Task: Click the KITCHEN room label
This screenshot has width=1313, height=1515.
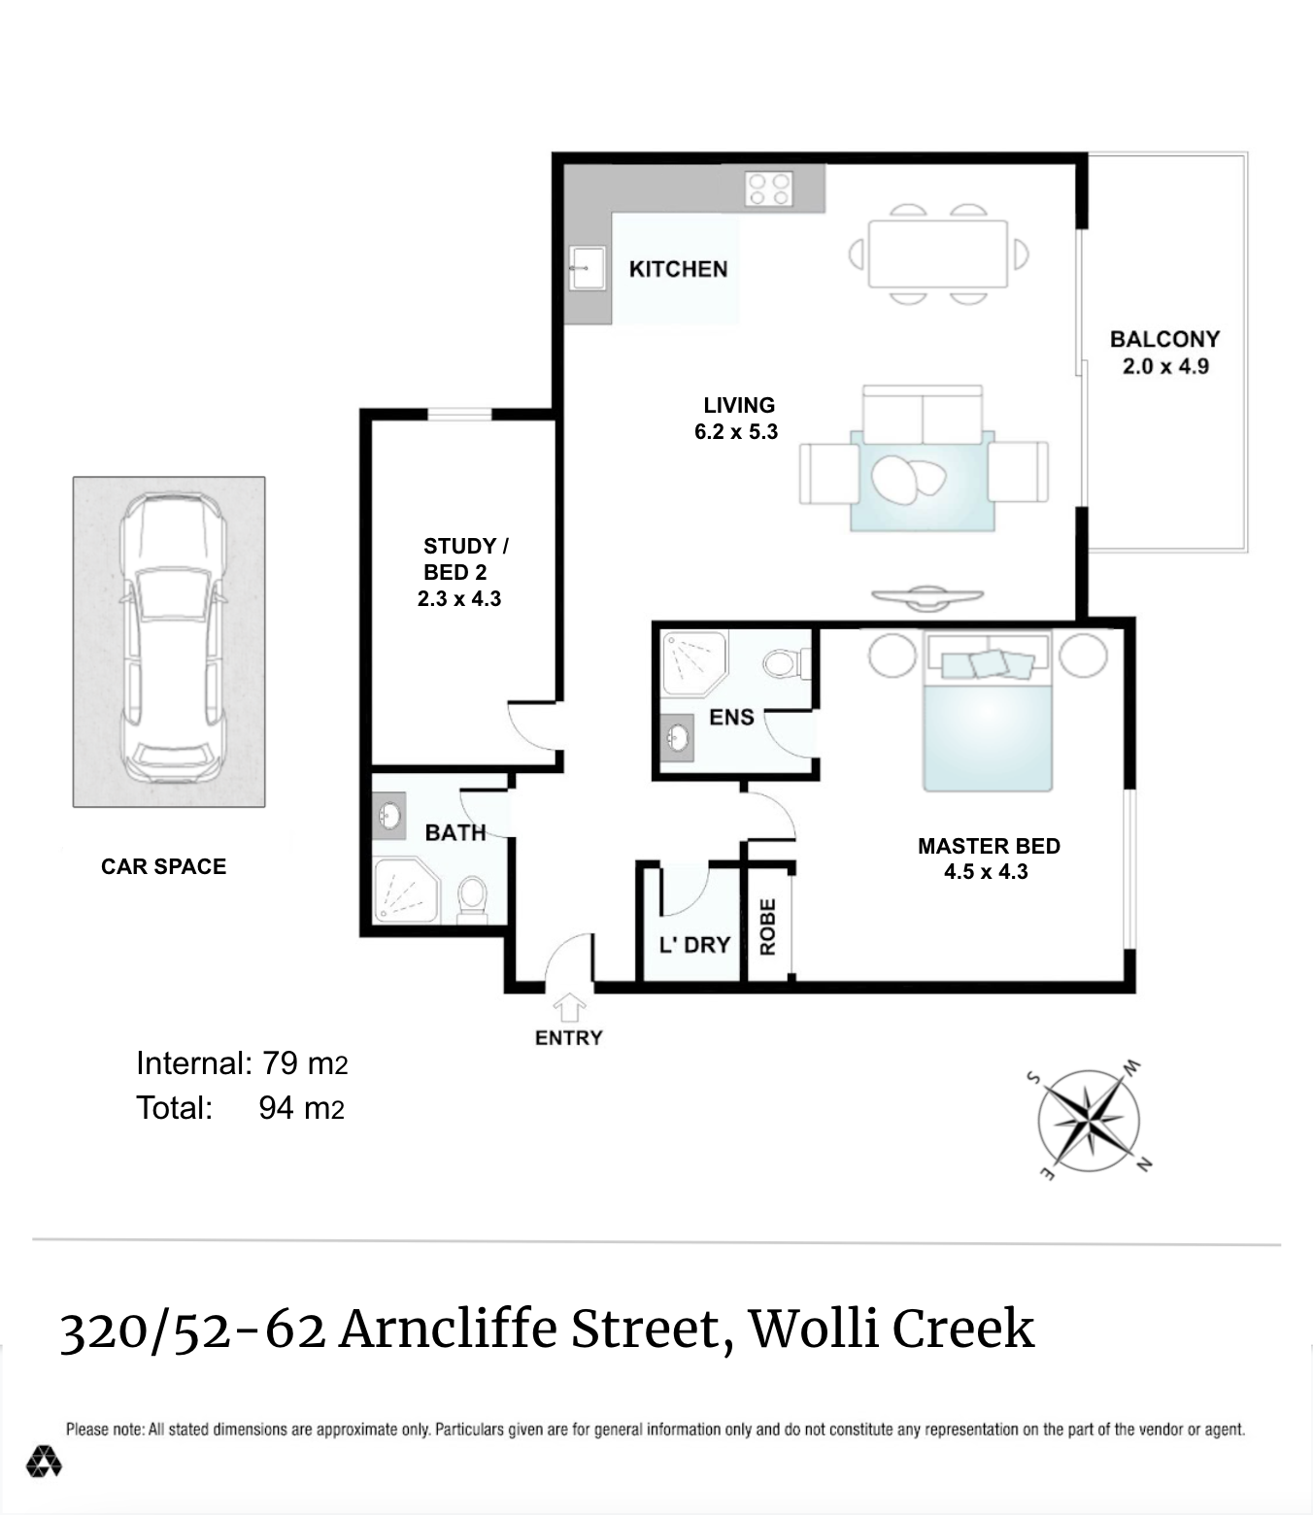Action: (678, 269)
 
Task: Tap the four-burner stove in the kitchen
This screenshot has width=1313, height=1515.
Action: (768, 188)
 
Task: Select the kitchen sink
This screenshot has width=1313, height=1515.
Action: (588, 268)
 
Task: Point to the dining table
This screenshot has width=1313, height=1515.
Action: (937, 253)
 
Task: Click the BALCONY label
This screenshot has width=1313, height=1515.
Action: (1165, 339)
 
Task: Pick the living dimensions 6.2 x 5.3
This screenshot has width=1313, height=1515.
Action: (736, 432)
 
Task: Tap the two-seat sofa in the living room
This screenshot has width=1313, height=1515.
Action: (923, 415)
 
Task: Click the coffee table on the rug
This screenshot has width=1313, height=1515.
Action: (908, 480)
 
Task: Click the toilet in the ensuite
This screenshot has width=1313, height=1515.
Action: (787, 664)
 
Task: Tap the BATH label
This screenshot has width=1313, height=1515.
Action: (455, 832)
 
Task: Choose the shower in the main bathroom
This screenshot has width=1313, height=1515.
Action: (406, 891)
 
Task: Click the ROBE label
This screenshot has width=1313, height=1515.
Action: (767, 927)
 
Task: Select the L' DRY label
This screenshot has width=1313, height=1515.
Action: (694, 945)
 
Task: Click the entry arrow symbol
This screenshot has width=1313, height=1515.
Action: (569, 1007)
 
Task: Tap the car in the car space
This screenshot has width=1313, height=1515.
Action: (173, 638)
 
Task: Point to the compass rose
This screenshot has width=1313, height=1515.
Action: (1090, 1121)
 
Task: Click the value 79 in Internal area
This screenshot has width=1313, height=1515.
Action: (280, 1063)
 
